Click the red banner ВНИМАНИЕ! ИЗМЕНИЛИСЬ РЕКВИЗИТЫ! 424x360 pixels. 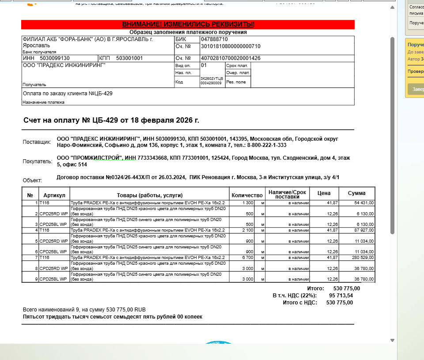pos(188,24)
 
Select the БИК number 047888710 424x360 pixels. pos(215,39)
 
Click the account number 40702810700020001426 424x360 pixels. pos(231,58)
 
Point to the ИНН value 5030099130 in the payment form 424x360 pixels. pos(54,58)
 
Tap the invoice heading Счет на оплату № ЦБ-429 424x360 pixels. pos(111,120)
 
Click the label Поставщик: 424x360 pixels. pos(37,142)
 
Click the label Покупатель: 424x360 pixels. pos(38,161)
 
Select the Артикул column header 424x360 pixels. pos(54,195)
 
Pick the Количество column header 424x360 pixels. pos(247,195)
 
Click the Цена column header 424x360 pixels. pos(324,193)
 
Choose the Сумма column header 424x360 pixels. pos(356,193)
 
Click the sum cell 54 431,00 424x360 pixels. pos(364,202)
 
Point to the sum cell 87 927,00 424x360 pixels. pos(364,230)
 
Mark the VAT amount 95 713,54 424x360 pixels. pos(341,296)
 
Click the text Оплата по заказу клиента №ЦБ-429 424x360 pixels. pos(67,94)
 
